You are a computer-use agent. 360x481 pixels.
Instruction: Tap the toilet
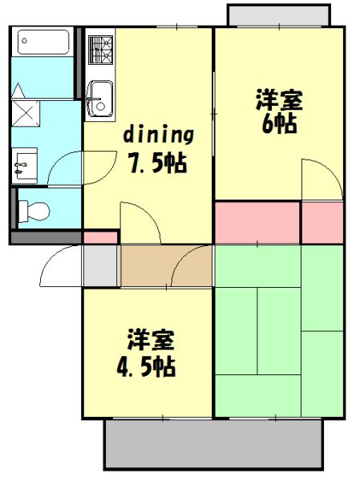click(34, 211)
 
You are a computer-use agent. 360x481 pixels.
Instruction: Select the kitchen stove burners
click(101, 50)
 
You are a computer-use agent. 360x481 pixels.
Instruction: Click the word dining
click(159, 134)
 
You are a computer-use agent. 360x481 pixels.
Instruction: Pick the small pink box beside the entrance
click(100, 237)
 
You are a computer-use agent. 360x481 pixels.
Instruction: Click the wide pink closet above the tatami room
click(257, 222)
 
